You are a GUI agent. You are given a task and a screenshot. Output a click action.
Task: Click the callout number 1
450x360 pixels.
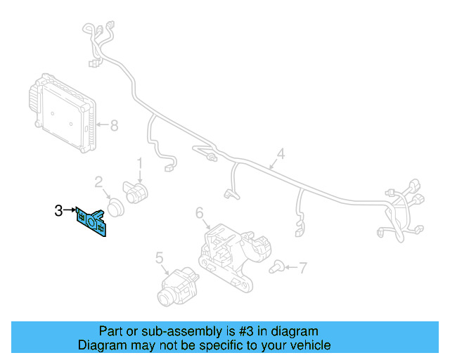pyautogui.click(x=139, y=163)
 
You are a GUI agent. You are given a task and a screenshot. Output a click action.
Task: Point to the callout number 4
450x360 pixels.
pyautogui.click(x=280, y=154)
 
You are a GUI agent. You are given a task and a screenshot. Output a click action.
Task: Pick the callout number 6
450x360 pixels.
pyautogui.click(x=199, y=212)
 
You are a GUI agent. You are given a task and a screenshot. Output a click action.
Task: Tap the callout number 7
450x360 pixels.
pyautogui.click(x=303, y=267)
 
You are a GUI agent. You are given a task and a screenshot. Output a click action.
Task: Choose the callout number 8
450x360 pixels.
pyautogui.click(x=114, y=126)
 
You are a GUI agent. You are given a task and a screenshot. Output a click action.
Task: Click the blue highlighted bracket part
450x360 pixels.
pyautogui.click(x=92, y=223)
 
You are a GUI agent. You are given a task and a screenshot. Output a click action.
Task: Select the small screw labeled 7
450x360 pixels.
pyautogui.click(x=280, y=267)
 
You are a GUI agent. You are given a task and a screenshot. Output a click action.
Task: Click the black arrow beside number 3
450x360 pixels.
pyautogui.click(x=70, y=210)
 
